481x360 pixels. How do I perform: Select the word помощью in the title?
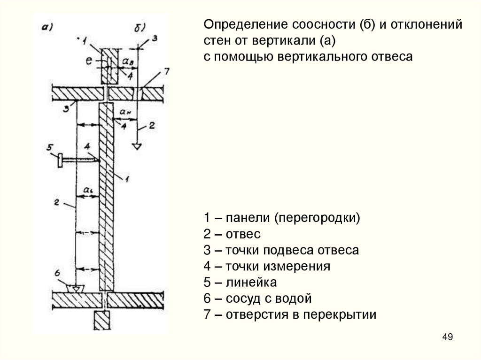click(x=248, y=57)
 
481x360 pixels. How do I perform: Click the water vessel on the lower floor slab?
click(x=75, y=287)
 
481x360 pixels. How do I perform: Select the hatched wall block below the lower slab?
click(x=101, y=322)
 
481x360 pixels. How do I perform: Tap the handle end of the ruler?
click(x=61, y=160)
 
